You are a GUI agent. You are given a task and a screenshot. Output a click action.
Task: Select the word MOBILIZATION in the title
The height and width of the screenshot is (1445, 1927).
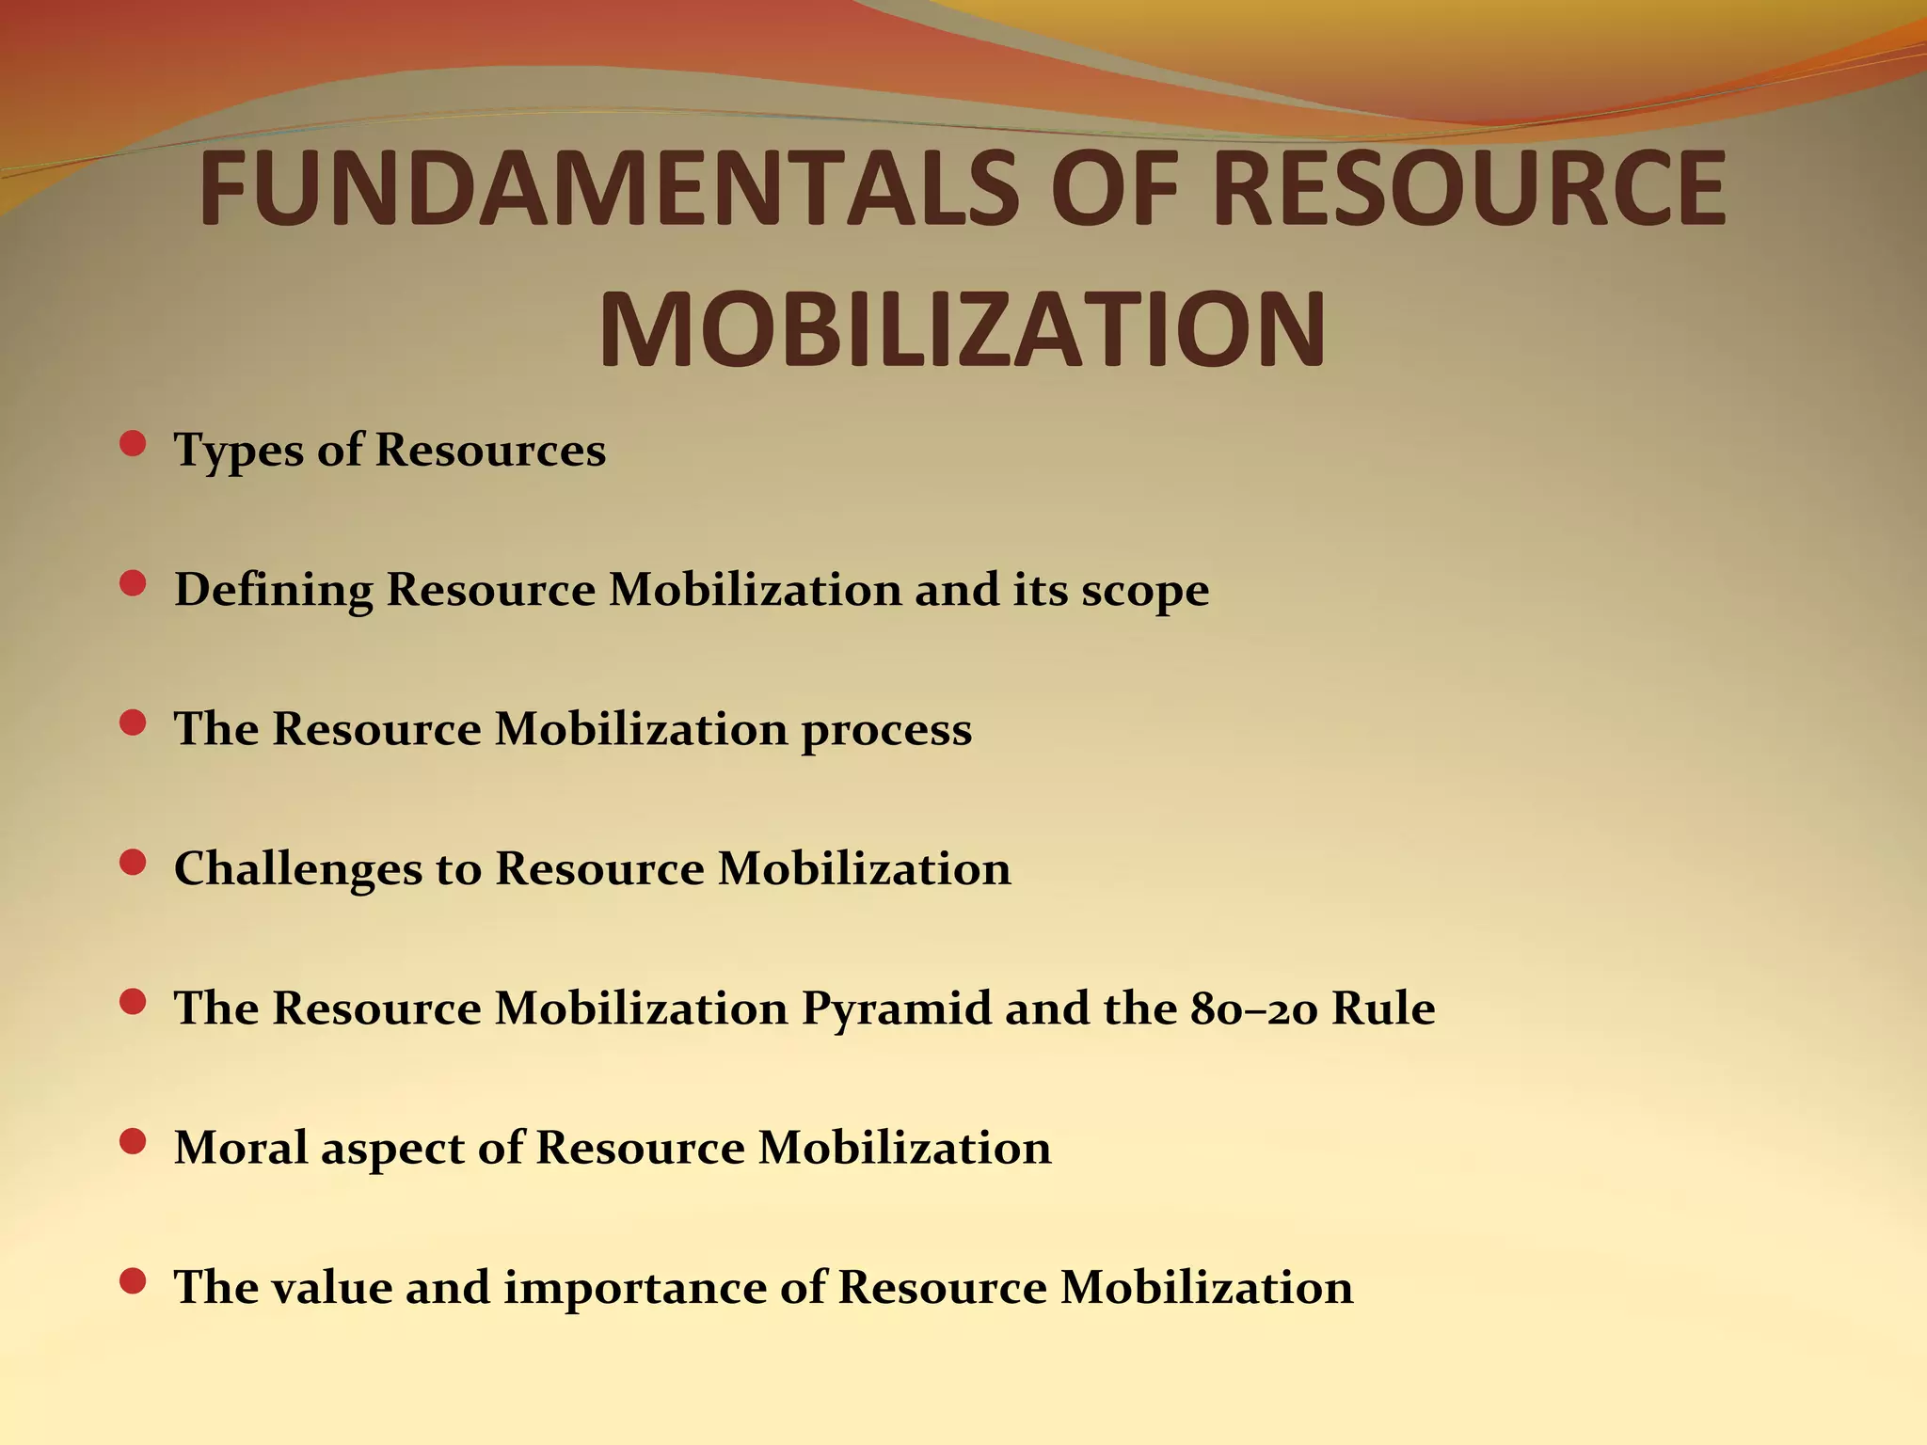962,329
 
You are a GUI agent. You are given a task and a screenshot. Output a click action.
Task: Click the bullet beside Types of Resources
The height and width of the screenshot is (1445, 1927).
134,444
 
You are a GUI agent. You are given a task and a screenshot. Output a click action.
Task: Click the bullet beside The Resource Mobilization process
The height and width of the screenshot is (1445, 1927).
134,723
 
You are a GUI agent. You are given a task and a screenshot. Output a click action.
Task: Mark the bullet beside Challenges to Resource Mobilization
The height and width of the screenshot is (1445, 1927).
134,863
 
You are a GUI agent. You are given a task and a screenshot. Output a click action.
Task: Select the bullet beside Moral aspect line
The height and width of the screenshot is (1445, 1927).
134,1142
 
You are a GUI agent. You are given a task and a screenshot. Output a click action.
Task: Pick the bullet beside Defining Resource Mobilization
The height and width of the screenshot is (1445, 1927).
134,584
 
